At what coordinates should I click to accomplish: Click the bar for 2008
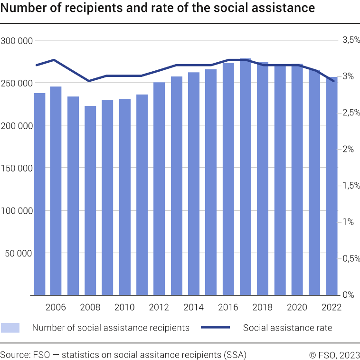pyautogui.click(x=90, y=200)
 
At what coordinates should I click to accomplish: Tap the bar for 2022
pyautogui.click(x=332, y=186)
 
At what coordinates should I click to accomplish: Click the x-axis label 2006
pyautogui.click(x=56, y=307)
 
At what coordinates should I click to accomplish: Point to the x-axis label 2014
pyautogui.click(x=193, y=307)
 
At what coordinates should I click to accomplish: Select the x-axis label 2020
pyautogui.click(x=297, y=307)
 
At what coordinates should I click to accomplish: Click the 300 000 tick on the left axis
pyautogui.click(x=17, y=41)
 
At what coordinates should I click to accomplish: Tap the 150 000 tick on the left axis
pyautogui.click(x=17, y=168)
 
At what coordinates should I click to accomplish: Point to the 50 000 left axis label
pyautogui.click(x=19, y=253)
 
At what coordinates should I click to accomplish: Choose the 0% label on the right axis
pyautogui.click(x=349, y=295)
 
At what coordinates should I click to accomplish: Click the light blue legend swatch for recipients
pyautogui.click(x=10, y=328)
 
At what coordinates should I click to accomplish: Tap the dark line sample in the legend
pyautogui.click(x=215, y=328)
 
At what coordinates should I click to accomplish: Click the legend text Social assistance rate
pyautogui.click(x=287, y=328)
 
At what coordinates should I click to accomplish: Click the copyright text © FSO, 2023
pyautogui.click(x=334, y=354)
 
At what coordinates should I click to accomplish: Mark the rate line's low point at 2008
pyautogui.click(x=90, y=81)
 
